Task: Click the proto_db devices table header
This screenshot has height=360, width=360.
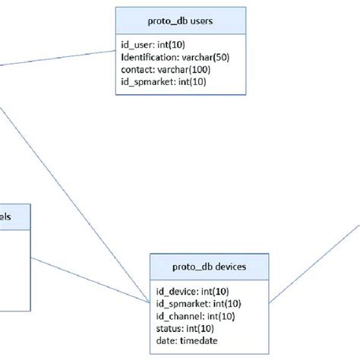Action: tap(207, 267)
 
